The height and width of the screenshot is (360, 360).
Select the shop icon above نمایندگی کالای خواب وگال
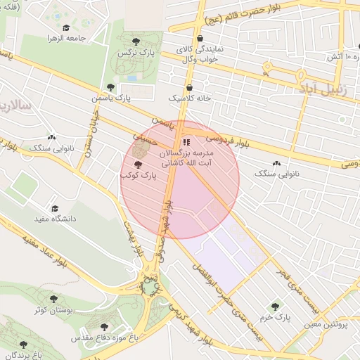point(200,38)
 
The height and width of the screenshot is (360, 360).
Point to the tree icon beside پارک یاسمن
point(110,86)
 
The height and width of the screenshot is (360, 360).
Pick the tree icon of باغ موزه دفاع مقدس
point(105,327)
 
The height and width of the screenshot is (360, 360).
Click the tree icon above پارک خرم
point(274,307)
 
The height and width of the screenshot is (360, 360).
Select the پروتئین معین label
point(328,325)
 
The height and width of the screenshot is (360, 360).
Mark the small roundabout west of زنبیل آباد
point(266,68)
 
